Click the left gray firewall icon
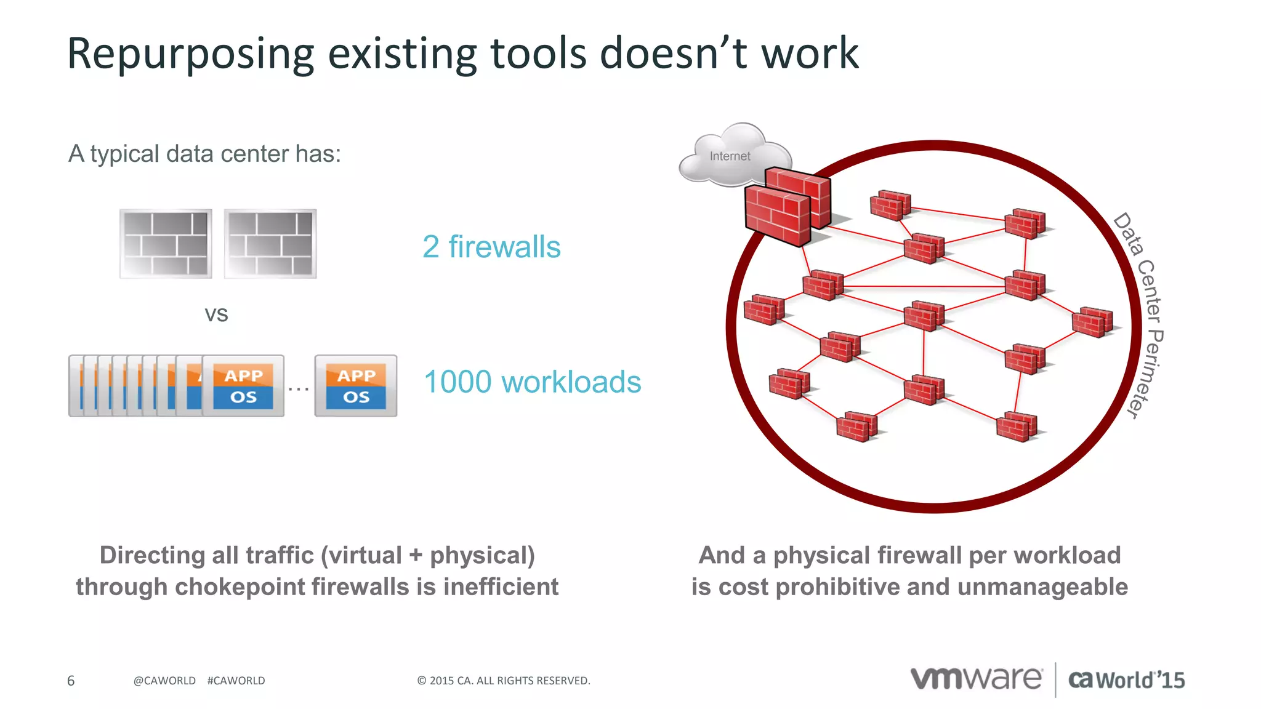(166, 244)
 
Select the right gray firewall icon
(270, 244)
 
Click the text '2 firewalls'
(491, 247)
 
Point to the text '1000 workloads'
(533, 382)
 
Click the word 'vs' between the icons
(216, 314)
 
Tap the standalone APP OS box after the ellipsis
(356, 386)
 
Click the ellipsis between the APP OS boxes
(299, 388)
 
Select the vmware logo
(977, 679)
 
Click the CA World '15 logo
(1126, 680)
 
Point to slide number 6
(71, 681)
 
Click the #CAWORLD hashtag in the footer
(236, 681)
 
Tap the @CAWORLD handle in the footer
(164, 681)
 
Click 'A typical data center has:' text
(204, 154)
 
